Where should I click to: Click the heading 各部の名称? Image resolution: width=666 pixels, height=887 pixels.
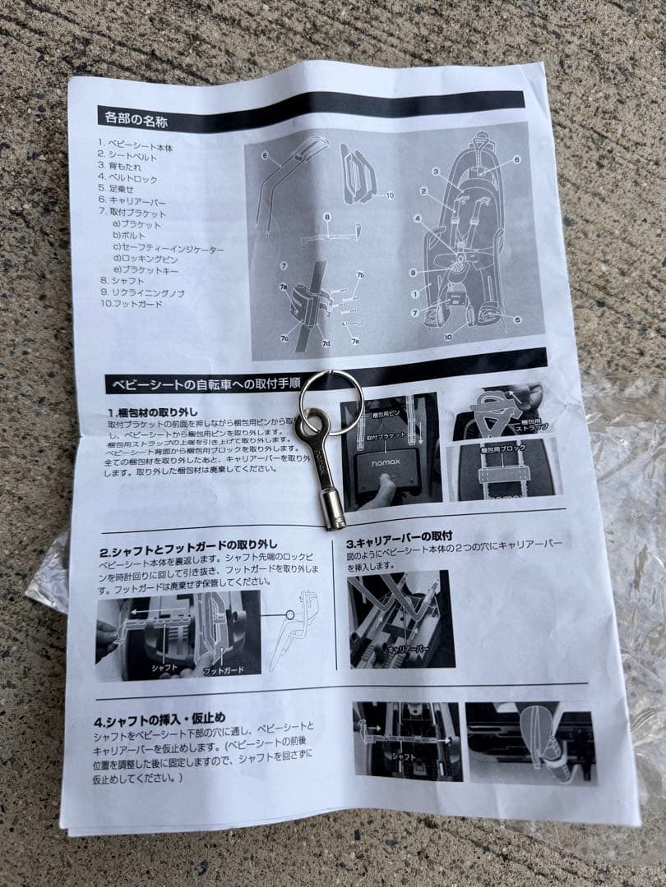[x=137, y=117]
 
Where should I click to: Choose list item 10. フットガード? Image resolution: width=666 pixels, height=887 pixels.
[x=131, y=305]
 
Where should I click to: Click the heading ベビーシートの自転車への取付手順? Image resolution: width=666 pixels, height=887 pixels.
[x=197, y=384]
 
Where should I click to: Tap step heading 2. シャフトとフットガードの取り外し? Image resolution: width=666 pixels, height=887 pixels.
[x=189, y=544]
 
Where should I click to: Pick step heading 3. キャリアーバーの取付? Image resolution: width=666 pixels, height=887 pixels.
[x=399, y=535]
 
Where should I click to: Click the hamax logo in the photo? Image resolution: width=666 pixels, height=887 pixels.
[x=386, y=465]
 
